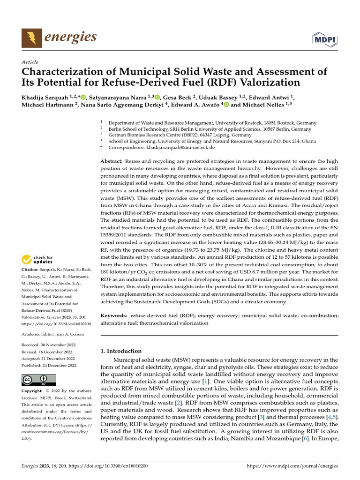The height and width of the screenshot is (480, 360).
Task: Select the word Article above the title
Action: pyautogui.click(x=30, y=62)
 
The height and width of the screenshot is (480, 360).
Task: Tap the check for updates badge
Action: pyautogui.click(x=37, y=259)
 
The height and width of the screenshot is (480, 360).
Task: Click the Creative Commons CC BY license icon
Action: pyautogui.click(x=38, y=380)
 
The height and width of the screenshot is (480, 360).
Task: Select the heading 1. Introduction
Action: pyautogui.click(x=121, y=351)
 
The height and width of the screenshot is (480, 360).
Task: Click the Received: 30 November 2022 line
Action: pyautogui.click(x=49, y=345)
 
